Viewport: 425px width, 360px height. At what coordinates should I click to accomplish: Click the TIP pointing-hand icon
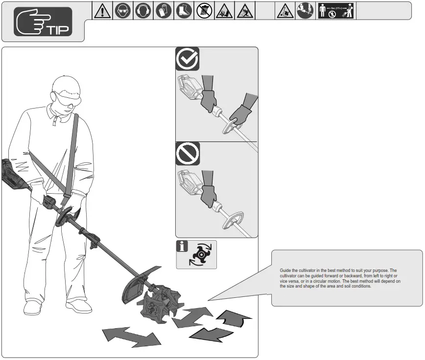coord(43,22)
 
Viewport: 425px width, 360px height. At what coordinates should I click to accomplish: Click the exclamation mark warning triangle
coord(102,11)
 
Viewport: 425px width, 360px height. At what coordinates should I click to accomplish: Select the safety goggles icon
coord(123,11)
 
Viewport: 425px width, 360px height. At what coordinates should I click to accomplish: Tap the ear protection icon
coord(143,11)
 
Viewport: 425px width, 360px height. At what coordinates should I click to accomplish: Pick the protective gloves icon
coord(164,11)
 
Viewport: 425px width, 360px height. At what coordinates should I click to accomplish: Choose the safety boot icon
coord(184,11)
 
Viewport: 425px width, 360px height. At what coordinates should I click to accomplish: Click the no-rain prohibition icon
coord(204,11)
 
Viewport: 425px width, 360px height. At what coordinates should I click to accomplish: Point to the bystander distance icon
coord(336,11)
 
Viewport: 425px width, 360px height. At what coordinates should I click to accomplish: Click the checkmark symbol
coord(187,59)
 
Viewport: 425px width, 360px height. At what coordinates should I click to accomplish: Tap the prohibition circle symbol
coord(188,154)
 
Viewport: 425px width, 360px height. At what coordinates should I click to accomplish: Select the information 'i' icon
coord(182,246)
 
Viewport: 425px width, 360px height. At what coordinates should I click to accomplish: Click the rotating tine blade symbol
coord(201,254)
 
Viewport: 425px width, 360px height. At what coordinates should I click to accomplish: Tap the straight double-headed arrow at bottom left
coord(131,337)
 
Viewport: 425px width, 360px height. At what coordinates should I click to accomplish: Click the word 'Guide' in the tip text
coord(285,270)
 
